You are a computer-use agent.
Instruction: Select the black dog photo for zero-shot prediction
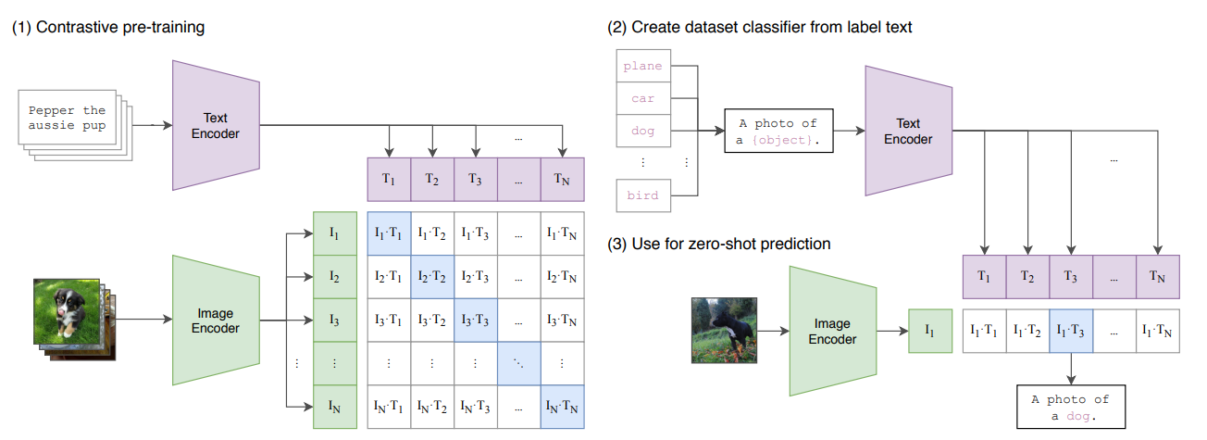pos(724,329)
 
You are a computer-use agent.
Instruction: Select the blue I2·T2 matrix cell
pos(433,276)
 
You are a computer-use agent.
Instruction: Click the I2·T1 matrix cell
pos(390,276)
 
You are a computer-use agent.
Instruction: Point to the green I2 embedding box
pos(335,276)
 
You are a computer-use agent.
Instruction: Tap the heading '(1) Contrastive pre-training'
pos(108,27)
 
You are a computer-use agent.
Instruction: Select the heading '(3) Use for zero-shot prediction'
pos(719,244)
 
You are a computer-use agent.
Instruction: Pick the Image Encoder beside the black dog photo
pos(831,332)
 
